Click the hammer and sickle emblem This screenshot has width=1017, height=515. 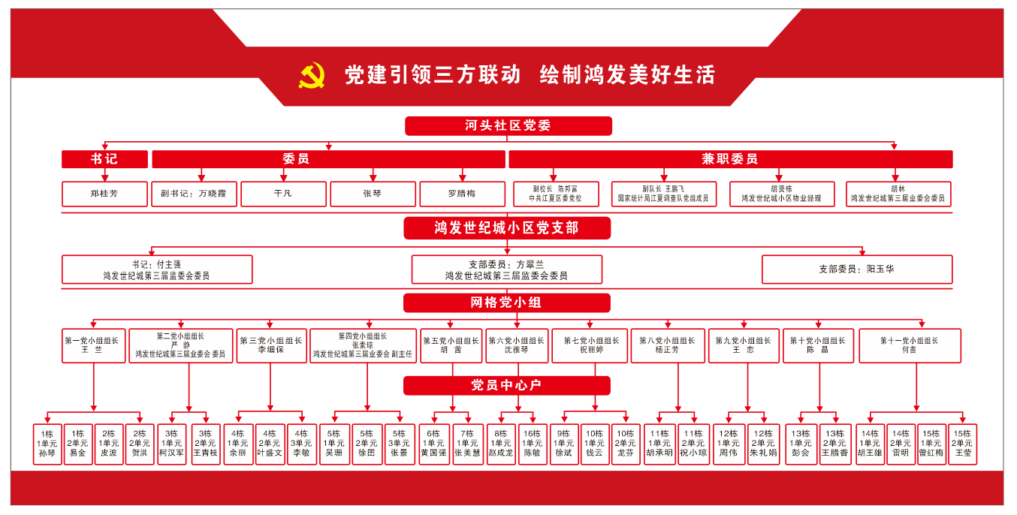click(x=312, y=75)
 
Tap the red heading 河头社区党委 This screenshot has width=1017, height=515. click(x=508, y=126)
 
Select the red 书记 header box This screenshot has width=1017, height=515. click(x=104, y=159)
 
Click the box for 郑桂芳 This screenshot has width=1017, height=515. click(x=104, y=194)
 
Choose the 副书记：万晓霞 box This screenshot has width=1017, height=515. click(x=194, y=194)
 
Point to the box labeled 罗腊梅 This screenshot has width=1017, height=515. click(x=462, y=194)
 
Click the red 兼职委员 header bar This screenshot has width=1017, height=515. click(x=730, y=159)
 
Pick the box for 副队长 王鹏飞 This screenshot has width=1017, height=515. click(x=663, y=194)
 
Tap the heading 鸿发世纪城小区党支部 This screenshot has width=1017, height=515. click(x=507, y=228)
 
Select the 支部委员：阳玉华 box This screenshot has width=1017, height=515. click(x=856, y=270)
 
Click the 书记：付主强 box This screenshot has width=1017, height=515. click(x=157, y=270)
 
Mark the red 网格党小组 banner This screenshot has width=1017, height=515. click(x=507, y=303)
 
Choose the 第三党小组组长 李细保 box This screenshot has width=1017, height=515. click(x=271, y=345)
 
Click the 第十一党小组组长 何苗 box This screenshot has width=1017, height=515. click(x=910, y=345)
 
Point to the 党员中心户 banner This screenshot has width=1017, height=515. click(x=507, y=386)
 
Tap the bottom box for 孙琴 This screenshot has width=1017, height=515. click(x=47, y=444)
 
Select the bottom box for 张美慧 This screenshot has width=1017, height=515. click(x=468, y=444)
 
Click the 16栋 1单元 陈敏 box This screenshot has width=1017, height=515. click(x=532, y=444)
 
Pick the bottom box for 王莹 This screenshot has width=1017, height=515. click(x=962, y=444)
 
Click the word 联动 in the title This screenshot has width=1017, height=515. click(x=500, y=75)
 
